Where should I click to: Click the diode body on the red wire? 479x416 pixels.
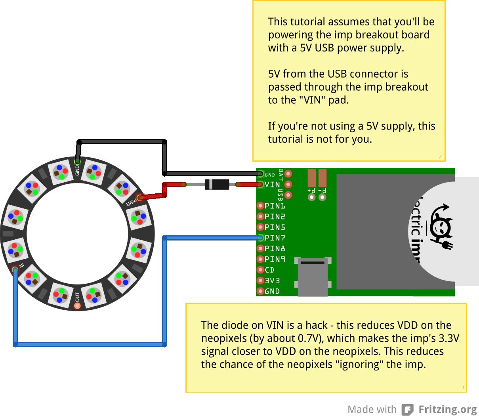(x=217, y=184)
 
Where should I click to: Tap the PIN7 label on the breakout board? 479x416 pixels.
(x=275, y=238)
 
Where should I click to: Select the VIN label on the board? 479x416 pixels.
(x=272, y=185)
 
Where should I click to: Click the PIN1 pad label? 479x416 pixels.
(x=275, y=206)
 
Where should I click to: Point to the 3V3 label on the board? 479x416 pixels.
(x=272, y=281)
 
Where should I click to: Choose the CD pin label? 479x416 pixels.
(x=269, y=270)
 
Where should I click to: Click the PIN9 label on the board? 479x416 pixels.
(x=275, y=259)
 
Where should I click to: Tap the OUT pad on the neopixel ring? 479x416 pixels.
(x=77, y=305)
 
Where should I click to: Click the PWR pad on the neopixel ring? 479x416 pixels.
(x=139, y=198)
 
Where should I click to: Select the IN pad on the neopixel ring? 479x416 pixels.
(x=15, y=270)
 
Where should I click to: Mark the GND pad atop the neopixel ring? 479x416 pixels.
(x=77, y=162)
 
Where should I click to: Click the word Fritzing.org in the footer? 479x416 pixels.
(x=448, y=409)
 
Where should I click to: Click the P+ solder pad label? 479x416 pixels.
(x=311, y=191)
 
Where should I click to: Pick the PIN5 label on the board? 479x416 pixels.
(x=275, y=227)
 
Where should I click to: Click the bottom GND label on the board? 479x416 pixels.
(x=272, y=291)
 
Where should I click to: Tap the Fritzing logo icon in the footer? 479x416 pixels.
(x=407, y=409)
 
